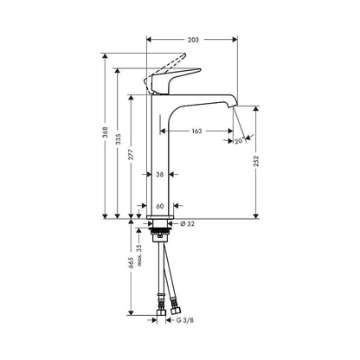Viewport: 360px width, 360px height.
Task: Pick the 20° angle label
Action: point(238,142)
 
